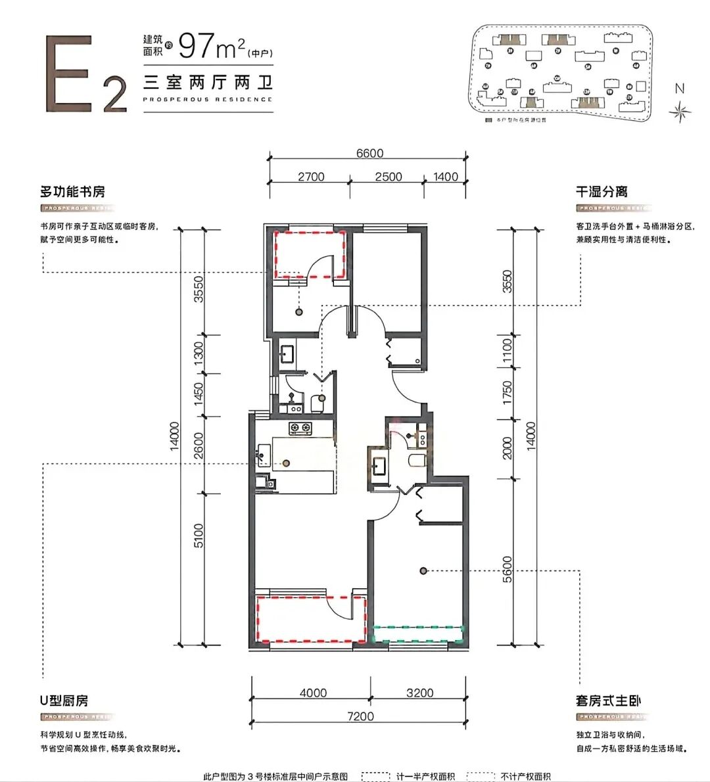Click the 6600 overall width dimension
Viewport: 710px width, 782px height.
369,153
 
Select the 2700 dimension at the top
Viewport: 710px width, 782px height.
311,177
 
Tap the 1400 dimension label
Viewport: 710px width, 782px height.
446,177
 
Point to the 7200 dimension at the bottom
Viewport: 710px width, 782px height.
360,716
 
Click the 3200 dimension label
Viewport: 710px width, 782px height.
419,693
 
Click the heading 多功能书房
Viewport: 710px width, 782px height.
73,192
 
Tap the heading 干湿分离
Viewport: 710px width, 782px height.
602,192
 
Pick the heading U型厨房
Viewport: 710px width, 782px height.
64,701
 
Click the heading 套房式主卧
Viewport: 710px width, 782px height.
608,701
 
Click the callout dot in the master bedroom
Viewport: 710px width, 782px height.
425,570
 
